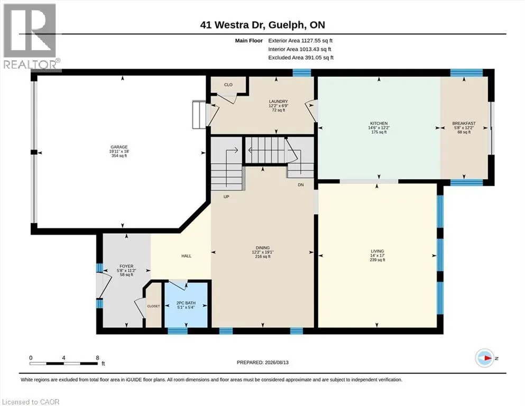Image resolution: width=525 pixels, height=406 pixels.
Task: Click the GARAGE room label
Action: click(119, 147)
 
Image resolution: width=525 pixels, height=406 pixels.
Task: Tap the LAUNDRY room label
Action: click(278, 101)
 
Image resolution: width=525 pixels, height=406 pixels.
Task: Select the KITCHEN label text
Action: click(379, 124)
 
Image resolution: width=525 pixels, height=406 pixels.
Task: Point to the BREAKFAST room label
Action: click(464, 124)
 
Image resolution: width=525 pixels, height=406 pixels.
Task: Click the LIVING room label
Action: click(377, 251)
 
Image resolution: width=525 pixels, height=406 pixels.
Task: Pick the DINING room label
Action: click(262, 248)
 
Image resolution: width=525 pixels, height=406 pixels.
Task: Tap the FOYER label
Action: click(126, 266)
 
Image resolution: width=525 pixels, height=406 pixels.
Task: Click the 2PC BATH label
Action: click(186, 303)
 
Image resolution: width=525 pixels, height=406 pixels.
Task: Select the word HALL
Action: click(187, 256)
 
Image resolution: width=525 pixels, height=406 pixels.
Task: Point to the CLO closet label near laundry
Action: click(228, 85)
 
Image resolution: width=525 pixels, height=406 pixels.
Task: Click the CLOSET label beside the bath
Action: click(154, 306)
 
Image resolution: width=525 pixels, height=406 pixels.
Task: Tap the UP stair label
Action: click(226, 197)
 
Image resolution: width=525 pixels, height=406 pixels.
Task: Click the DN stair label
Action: click(301, 184)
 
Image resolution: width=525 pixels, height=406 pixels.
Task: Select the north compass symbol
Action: click(485, 358)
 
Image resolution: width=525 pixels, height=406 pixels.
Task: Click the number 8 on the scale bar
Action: click(97, 358)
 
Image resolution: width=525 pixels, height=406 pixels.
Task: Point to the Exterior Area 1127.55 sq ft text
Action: click(300, 41)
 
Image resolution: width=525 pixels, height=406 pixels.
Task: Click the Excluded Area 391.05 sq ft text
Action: click(301, 58)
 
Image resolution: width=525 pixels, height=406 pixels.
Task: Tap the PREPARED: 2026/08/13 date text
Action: click(262, 363)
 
